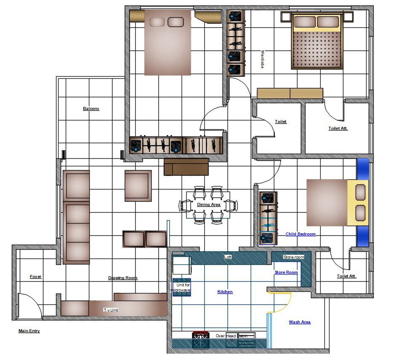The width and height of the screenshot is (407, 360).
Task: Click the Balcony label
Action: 91,109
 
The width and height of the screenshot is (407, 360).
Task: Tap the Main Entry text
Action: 29,331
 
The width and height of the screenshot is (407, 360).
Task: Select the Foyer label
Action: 36,277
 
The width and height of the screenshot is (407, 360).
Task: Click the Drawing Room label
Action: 123,278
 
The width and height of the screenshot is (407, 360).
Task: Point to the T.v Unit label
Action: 111,310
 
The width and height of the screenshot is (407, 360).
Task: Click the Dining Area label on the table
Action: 209,205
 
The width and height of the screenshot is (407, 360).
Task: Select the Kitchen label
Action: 225,291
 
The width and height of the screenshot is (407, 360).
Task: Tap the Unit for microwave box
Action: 182,287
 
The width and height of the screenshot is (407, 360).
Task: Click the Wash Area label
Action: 300,322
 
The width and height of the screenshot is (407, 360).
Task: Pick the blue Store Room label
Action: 286,272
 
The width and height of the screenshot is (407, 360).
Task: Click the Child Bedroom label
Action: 300,234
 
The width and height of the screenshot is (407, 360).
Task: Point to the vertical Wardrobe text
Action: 262,59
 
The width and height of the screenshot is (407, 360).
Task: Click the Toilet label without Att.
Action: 281,122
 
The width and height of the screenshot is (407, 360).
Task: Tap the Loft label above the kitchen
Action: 228,257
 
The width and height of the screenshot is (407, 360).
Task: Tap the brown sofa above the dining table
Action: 186,167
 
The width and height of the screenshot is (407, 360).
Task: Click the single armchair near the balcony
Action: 138,186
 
